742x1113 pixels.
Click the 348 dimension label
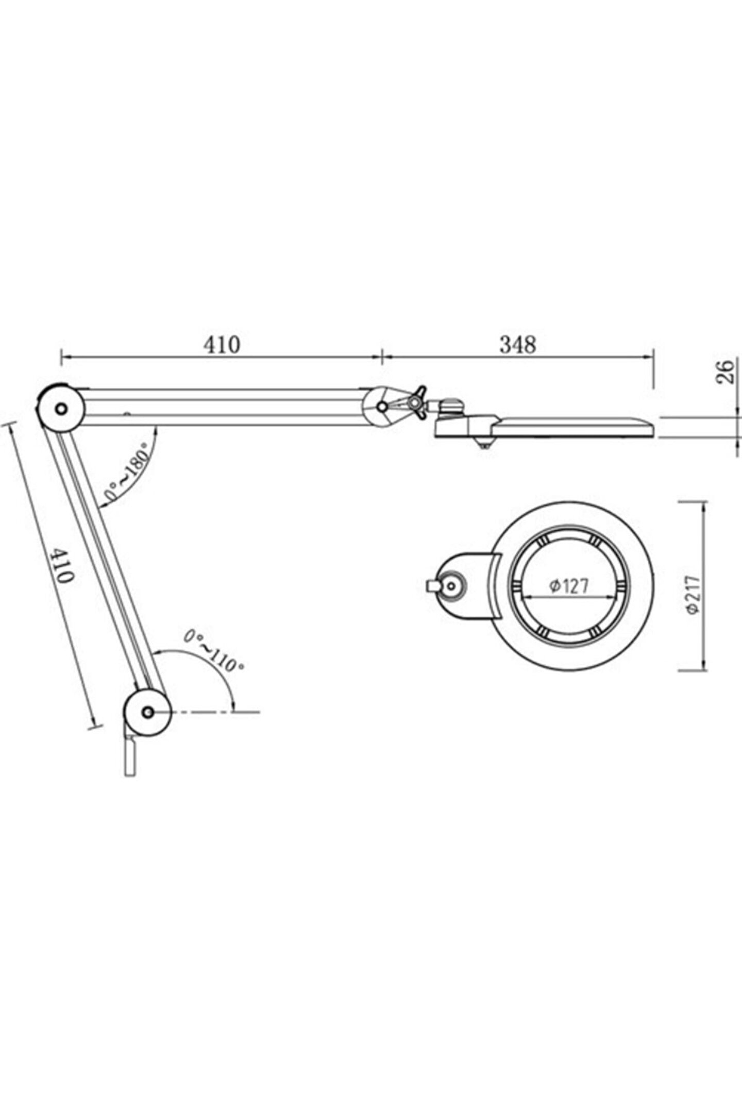pyautogui.click(x=517, y=345)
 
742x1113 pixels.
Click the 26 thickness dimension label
pyautogui.click(x=725, y=372)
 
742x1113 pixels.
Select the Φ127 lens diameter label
pyautogui.click(x=568, y=586)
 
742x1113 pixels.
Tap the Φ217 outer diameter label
pyautogui.click(x=694, y=594)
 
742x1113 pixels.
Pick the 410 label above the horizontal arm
pyautogui.click(x=222, y=345)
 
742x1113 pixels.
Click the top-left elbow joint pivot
pyautogui.click(x=61, y=409)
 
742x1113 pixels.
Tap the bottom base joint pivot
pyautogui.click(x=148, y=713)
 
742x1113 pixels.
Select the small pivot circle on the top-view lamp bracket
pyautogui.click(x=452, y=585)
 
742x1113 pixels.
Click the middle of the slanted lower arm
pyautogui.click(x=106, y=562)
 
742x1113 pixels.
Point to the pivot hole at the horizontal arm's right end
pyautogui.click(x=382, y=407)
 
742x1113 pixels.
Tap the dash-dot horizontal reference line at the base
pyautogui.click(x=216, y=713)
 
